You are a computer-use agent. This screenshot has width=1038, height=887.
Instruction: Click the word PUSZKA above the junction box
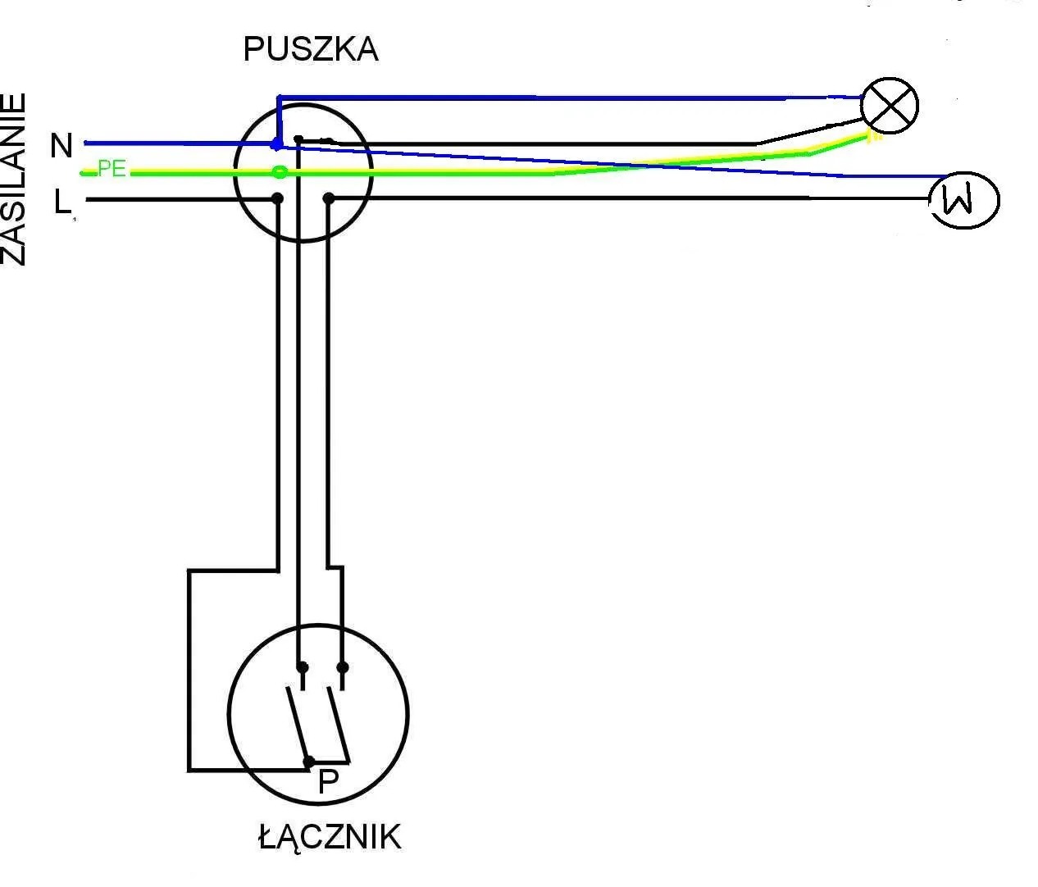[311, 50]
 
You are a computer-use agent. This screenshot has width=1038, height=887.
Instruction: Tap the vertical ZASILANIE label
[14, 180]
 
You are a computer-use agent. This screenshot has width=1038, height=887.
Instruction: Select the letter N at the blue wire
[61, 146]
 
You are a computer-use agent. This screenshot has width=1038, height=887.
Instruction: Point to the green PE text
[112, 169]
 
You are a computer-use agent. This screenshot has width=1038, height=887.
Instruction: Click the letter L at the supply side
[62, 201]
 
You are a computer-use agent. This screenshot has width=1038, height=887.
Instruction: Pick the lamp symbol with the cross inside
[890, 106]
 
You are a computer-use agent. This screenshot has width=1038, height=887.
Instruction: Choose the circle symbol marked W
[963, 200]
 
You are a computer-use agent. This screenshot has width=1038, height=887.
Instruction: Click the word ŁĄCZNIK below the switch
[330, 837]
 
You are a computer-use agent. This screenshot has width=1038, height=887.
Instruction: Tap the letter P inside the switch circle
[328, 782]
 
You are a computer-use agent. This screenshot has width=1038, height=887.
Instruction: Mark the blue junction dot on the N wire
[277, 144]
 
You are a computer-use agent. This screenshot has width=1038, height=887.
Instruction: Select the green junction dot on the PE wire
[280, 172]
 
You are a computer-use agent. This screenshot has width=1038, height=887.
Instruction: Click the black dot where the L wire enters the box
[278, 198]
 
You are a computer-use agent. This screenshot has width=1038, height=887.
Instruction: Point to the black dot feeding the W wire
[329, 198]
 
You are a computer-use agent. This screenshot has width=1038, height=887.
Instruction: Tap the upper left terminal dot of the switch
[302, 666]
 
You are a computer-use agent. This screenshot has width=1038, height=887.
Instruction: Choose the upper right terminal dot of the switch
[343, 666]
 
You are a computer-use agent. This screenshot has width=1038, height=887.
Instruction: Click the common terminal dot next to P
[308, 762]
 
